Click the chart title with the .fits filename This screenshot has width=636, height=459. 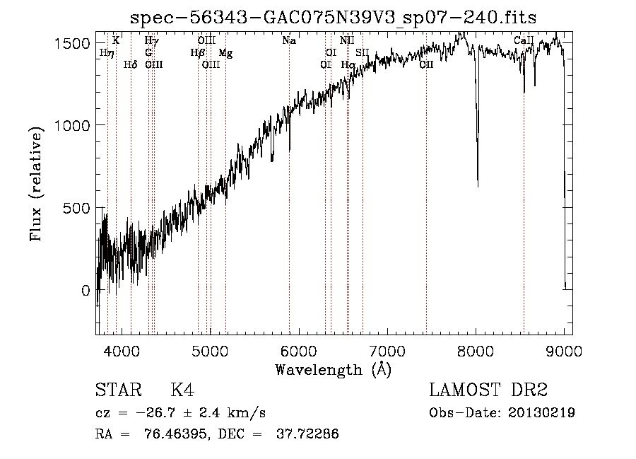334,19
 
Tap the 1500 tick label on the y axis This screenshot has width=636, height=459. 73,43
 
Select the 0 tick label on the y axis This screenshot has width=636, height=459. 85,291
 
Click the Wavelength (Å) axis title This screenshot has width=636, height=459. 333,369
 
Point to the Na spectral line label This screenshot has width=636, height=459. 289,41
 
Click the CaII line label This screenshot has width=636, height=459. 523,41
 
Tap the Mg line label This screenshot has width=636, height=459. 225,53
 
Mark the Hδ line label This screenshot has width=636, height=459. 130,65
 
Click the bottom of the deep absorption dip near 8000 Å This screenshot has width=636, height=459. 478,185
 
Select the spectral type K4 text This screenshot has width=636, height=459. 182,391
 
